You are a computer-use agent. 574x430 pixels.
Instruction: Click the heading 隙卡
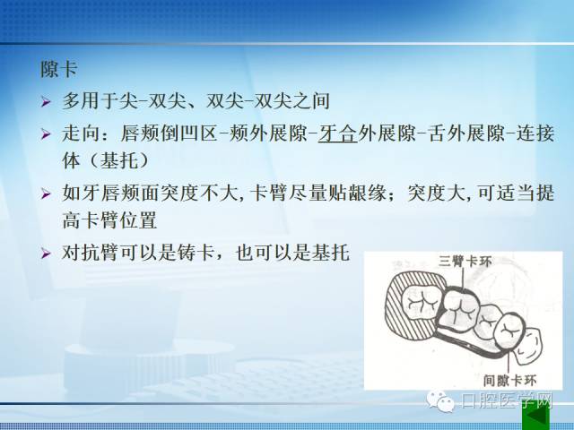(58, 69)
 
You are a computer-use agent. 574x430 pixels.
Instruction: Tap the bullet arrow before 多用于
(46, 101)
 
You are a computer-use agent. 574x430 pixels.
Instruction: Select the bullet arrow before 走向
(46, 133)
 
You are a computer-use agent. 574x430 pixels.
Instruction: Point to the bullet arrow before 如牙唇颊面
(46, 193)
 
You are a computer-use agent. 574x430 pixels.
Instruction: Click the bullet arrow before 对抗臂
(46, 253)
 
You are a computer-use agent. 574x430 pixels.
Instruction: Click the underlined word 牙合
(337, 133)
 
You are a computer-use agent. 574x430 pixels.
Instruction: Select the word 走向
(81, 133)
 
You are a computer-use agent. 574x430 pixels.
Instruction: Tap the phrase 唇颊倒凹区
(170, 133)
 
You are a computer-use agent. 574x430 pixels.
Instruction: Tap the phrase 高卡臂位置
(109, 220)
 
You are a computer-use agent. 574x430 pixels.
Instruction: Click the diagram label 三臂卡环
(465, 262)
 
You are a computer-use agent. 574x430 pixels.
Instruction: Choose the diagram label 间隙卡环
(509, 380)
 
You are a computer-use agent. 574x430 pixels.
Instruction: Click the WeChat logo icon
(440, 401)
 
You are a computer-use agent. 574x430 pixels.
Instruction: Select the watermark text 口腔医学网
(506, 400)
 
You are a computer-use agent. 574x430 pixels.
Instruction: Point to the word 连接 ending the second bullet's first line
(535, 133)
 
